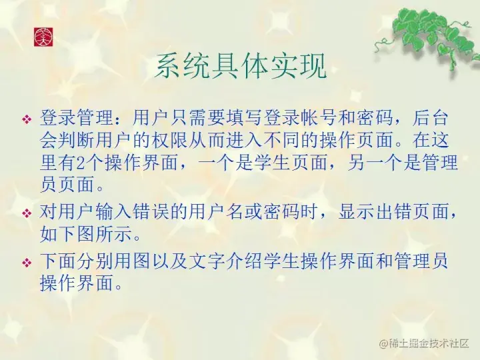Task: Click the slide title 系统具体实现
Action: tap(241, 67)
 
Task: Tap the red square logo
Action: tap(43, 37)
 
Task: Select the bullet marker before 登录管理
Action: tap(27, 119)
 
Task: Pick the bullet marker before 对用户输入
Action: tap(27, 213)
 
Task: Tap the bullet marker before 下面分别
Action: tap(27, 263)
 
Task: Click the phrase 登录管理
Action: tap(77, 117)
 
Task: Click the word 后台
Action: tap(431, 117)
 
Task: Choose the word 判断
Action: tap(77, 140)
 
